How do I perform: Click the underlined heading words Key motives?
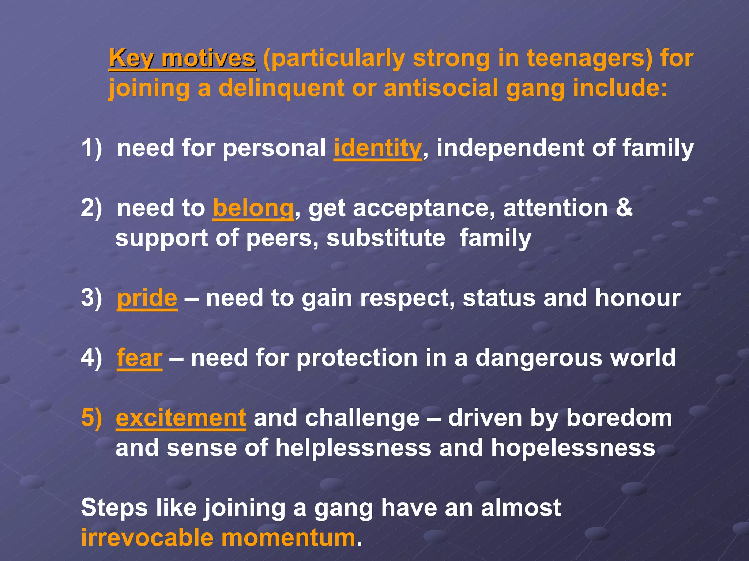coord(182,59)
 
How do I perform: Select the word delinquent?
coord(282,89)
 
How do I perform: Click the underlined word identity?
coord(378,148)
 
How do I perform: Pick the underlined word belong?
coord(253,208)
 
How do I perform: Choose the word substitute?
coord(386,238)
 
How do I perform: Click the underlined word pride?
coord(147,298)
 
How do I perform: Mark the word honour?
coord(638,298)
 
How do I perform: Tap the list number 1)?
coord(91,148)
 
